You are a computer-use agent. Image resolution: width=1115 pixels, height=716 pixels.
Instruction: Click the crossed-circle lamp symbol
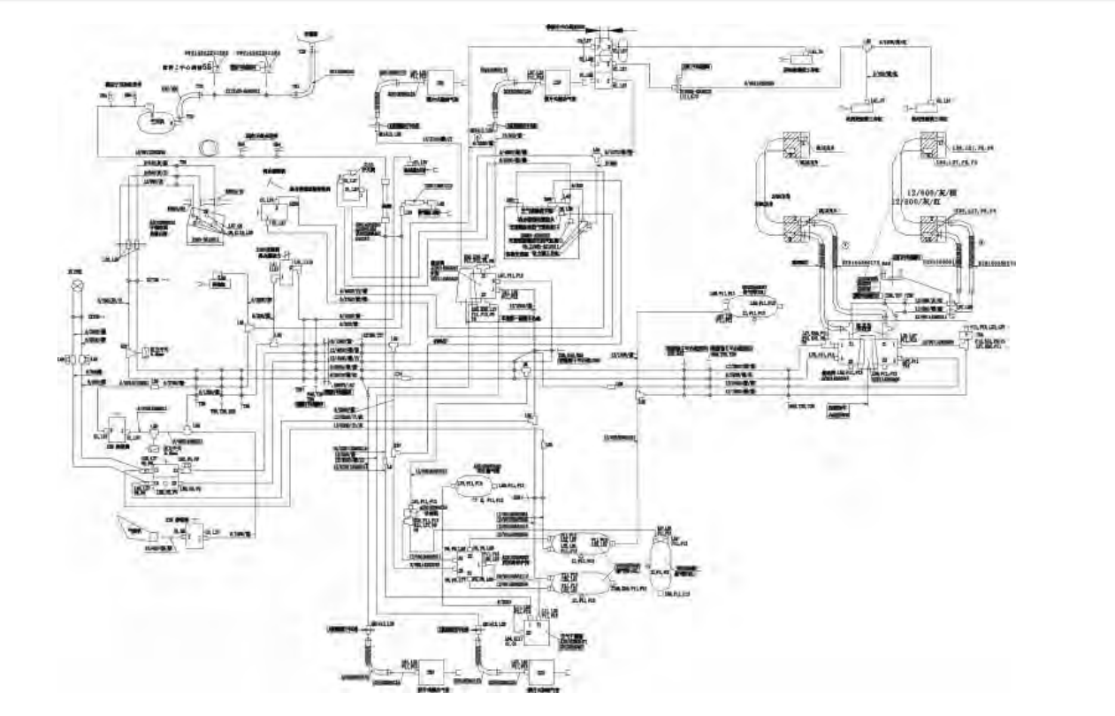point(77,286)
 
